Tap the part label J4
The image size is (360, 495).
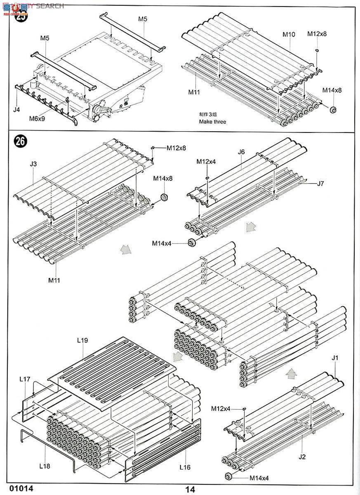coord(16,110)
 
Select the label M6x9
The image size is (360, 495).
coord(37,118)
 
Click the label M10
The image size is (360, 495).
coord(289,34)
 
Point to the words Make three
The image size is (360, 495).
coord(212,122)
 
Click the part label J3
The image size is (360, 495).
coord(33,164)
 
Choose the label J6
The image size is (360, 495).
coord(241,152)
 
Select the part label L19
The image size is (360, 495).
coord(83,341)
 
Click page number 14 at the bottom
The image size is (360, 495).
coord(190,489)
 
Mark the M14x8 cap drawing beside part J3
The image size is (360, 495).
coord(164,197)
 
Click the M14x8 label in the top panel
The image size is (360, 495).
coord(332,90)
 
